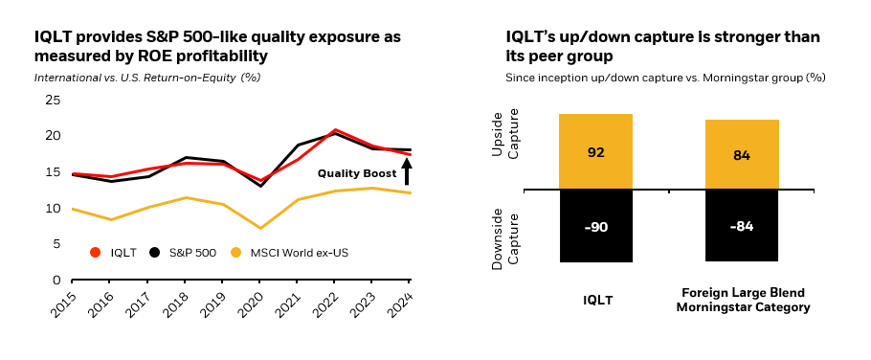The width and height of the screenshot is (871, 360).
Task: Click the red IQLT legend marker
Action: tap(95, 253)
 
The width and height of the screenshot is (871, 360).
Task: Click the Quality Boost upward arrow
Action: tap(406, 171)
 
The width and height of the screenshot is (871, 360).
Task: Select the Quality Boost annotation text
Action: tap(356, 173)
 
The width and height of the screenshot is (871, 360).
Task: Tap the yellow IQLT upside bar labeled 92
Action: tap(596, 151)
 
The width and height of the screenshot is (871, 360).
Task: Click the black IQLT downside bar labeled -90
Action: tap(596, 226)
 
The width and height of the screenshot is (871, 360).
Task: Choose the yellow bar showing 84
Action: tap(742, 154)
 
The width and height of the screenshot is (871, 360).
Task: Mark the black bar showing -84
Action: tap(742, 225)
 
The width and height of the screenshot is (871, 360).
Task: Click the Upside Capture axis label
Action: tap(503, 151)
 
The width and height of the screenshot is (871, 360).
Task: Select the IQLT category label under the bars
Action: tap(597, 300)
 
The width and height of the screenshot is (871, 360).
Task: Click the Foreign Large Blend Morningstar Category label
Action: tap(743, 300)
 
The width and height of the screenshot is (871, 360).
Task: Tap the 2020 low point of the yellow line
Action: tap(259, 228)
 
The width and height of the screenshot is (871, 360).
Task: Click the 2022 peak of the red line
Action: tap(335, 129)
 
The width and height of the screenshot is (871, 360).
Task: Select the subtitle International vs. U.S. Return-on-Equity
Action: tap(147, 76)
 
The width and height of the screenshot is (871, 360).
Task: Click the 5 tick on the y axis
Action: tap(57, 243)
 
